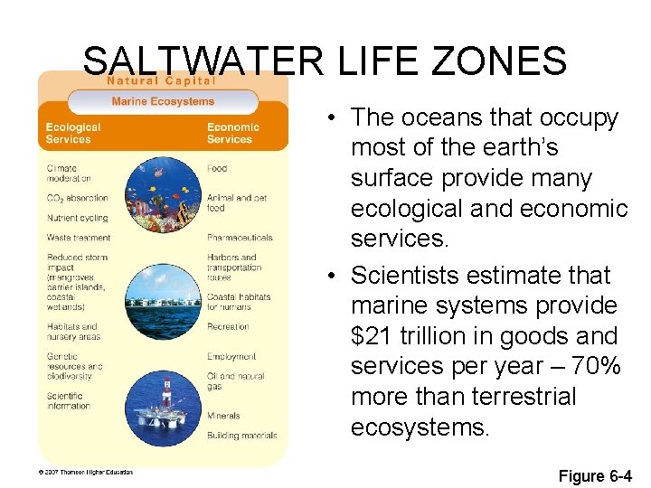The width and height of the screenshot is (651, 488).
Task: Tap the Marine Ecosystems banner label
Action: coord(163,101)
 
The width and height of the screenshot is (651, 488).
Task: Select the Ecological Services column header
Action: coord(73,134)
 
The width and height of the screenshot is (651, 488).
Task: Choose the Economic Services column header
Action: coord(232,134)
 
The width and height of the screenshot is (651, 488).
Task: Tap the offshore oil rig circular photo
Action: coord(163,398)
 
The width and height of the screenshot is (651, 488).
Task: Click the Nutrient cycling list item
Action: coord(77,218)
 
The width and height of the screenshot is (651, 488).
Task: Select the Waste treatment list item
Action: coord(79,238)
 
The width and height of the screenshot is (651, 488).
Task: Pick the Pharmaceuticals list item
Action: coord(240,238)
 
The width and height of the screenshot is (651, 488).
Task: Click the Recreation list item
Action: coord(228,326)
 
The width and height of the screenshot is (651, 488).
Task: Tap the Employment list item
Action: coord(231,357)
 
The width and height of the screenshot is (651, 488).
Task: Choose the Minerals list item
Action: coord(223,416)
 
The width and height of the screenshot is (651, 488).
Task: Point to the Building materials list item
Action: coord(241,436)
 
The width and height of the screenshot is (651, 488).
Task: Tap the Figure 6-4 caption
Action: coord(595,476)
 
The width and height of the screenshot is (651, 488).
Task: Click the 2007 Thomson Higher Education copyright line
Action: coord(86,472)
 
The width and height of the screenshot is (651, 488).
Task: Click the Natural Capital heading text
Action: coord(162,80)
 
